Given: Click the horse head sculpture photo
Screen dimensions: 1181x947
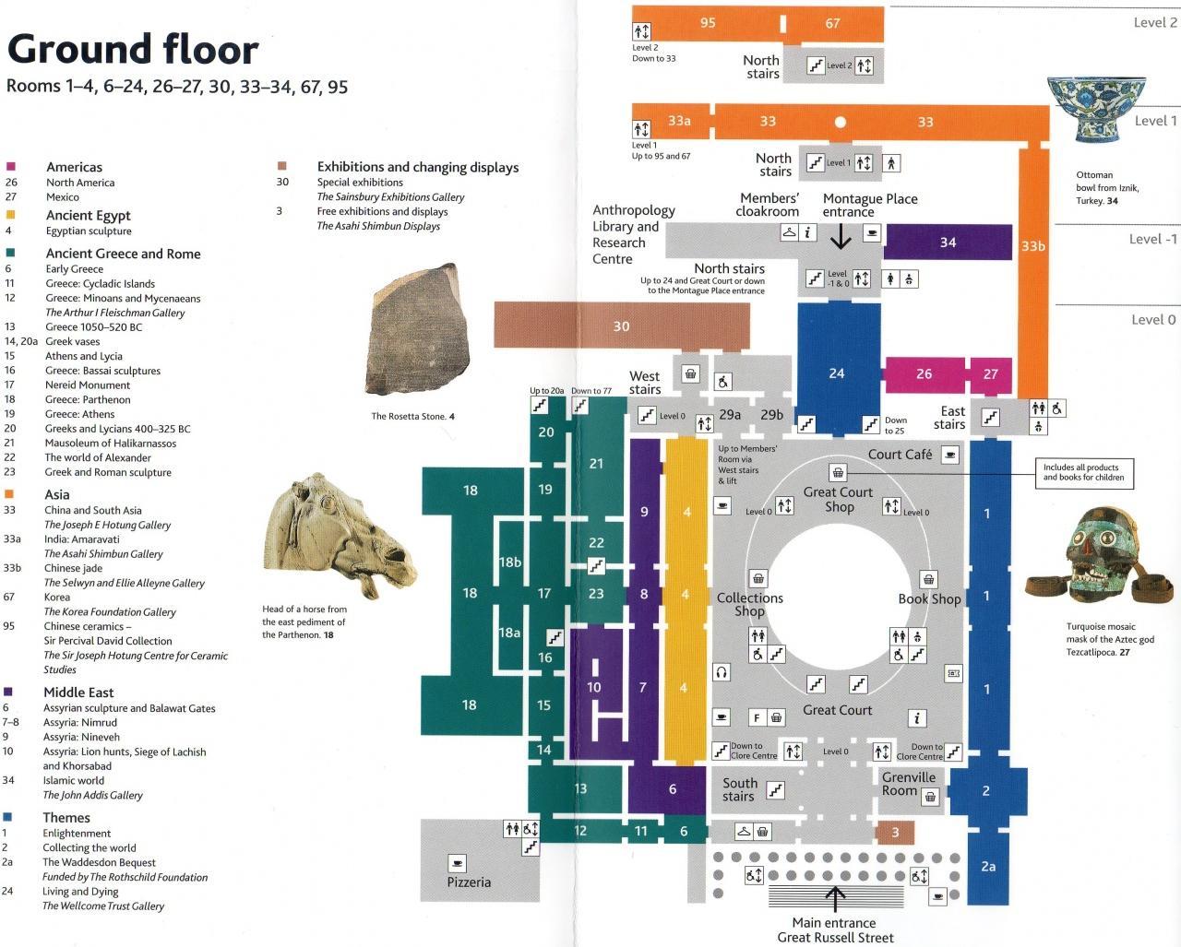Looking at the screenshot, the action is point(340,535).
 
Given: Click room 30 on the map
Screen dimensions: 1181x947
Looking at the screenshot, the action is point(622,326).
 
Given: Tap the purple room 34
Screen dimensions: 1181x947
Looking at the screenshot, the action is point(948,242).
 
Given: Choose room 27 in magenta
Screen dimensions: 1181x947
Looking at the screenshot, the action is point(991,374).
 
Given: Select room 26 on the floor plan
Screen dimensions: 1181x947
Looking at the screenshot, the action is point(925,374).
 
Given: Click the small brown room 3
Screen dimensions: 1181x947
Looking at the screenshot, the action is point(895,833).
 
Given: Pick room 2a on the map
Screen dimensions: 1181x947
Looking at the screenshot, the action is point(988,867).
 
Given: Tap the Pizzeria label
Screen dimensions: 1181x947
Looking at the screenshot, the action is point(469,882).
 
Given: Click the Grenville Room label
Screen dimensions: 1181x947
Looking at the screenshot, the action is point(908,784).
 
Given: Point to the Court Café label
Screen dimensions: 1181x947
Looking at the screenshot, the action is point(900,455).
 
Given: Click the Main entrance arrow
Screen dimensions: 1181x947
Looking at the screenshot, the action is point(835,899).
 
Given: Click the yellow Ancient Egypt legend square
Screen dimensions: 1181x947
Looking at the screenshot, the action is point(10,215).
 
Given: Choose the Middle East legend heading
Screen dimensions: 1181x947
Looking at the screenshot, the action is point(78,692).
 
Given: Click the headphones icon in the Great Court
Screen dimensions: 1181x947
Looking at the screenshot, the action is point(722,672).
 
